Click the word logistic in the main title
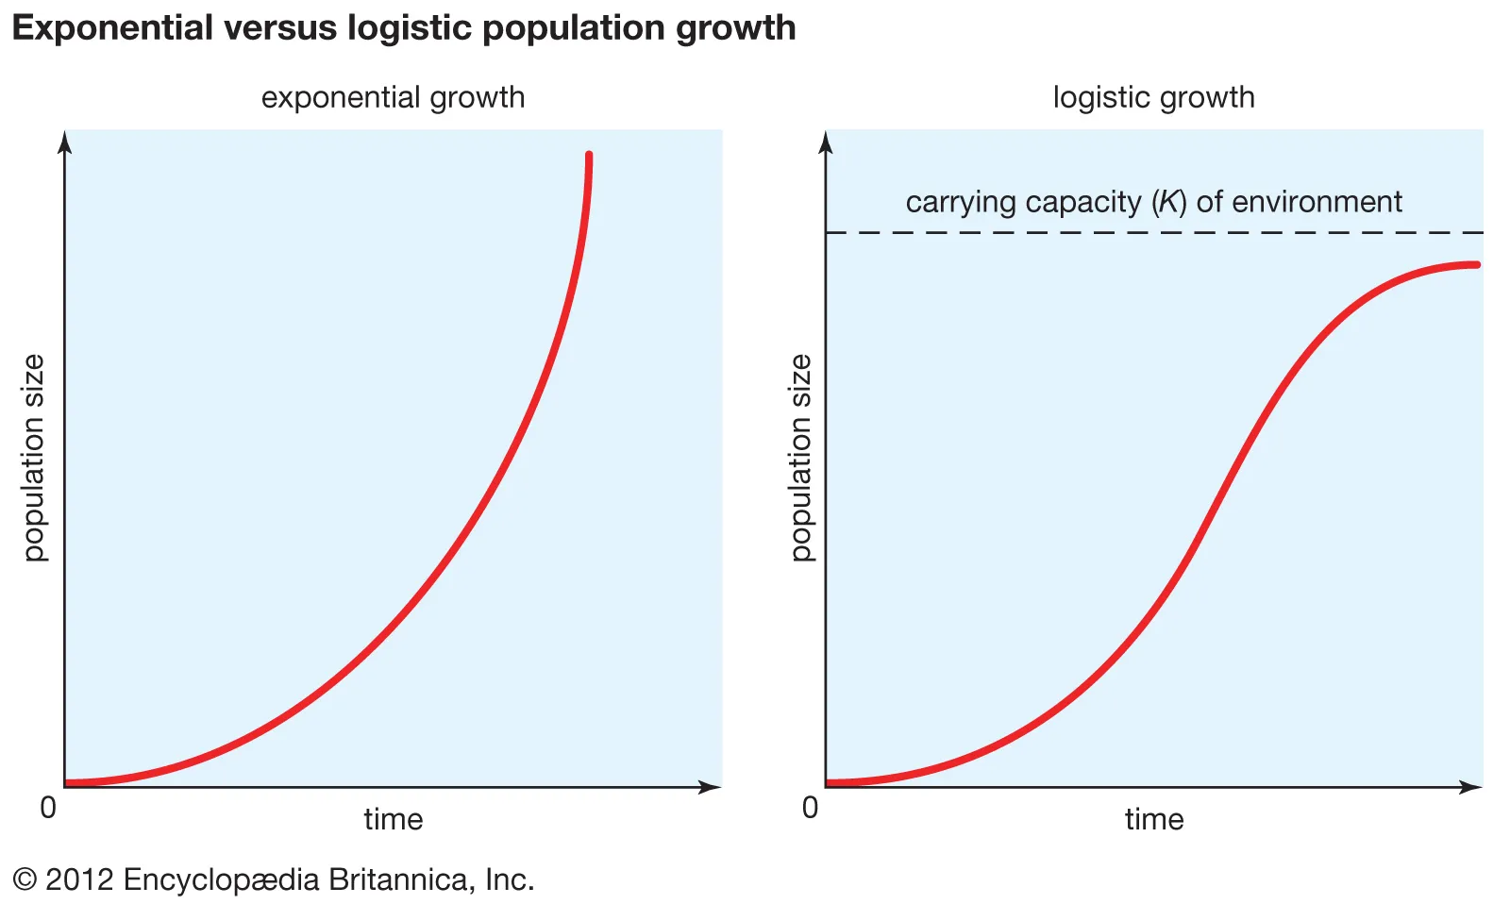pos(411,28)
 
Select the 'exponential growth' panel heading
pos(393,97)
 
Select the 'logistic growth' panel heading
pos(1153,97)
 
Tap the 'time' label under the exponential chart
pos(393,818)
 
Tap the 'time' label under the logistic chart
pos(1153,818)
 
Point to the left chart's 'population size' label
pos(34,458)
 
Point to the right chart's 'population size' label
pos(800,458)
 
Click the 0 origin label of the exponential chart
pos(48,808)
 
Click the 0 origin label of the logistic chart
pos(810,808)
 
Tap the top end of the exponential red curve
pos(589,156)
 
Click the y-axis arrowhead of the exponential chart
pos(64,142)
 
